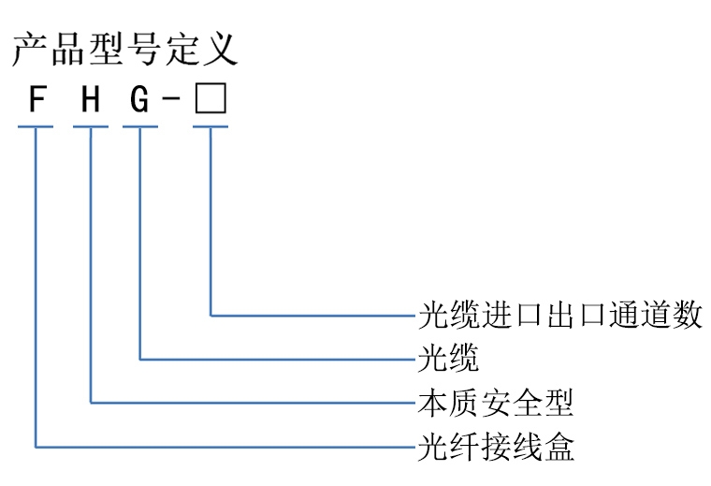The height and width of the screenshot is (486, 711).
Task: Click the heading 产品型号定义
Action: (x=124, y=48)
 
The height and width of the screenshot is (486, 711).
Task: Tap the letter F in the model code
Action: (x=36, y=99)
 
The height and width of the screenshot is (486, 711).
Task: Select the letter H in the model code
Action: (x=90, y=99)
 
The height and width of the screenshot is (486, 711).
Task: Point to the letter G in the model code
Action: (x=139, y=99)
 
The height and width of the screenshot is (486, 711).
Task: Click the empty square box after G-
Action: (x=210, y=99)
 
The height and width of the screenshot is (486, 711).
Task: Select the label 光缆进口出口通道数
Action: (x=559, y=315)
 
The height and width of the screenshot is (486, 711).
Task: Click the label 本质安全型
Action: (x=494, y=403)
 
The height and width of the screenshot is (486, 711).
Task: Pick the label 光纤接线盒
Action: (x=494, y=447)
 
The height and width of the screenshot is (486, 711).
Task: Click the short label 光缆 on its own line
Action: (x=447, y=359)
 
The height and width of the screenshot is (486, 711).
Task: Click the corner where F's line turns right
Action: (x=36, y=447)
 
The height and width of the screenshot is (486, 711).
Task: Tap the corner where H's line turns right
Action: (x=91, y=403)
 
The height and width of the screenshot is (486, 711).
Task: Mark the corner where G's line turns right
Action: (x=140, y=359)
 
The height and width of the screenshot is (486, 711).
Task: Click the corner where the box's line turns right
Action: (x=210, y=315)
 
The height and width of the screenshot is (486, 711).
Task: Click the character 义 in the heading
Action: (x=220, y=48)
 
